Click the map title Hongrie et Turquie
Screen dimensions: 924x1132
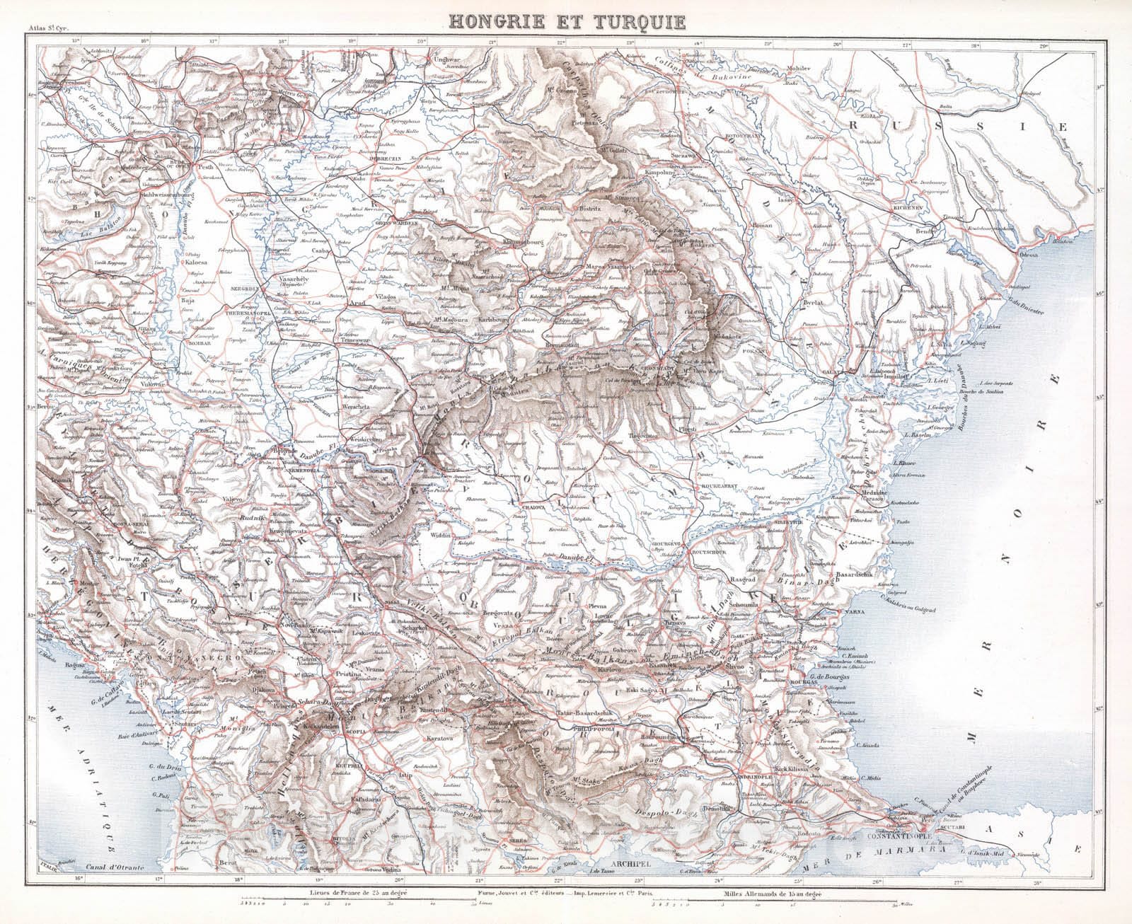[x=568, y=20]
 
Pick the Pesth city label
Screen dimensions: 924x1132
[x=207, y=151]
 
